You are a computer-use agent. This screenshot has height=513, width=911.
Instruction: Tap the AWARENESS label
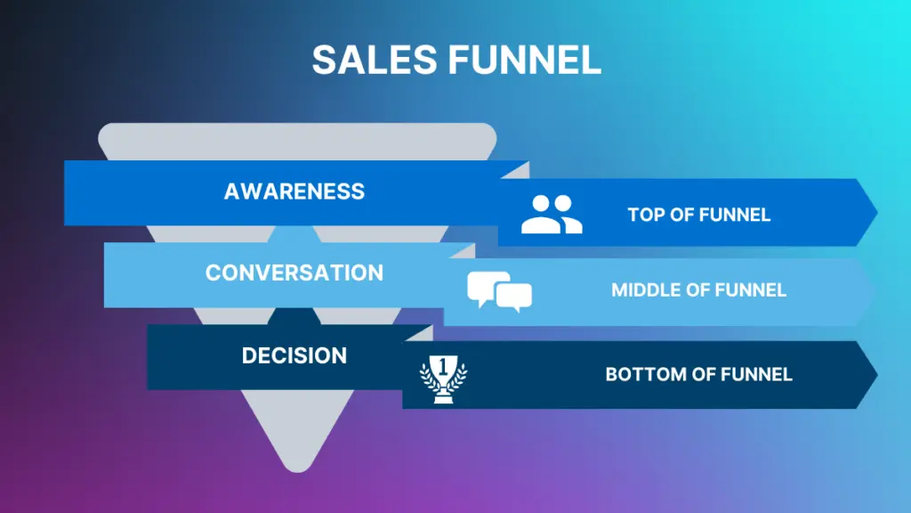click(x=294, y=191)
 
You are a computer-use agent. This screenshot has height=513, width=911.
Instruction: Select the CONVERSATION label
click(x=294, y=273)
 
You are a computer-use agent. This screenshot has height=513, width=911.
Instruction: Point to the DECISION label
click(x=294, y=355)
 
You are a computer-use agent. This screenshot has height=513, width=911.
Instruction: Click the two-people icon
click(x=552, y=215)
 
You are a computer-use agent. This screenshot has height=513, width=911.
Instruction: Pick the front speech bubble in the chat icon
click(x=514, y=297)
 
